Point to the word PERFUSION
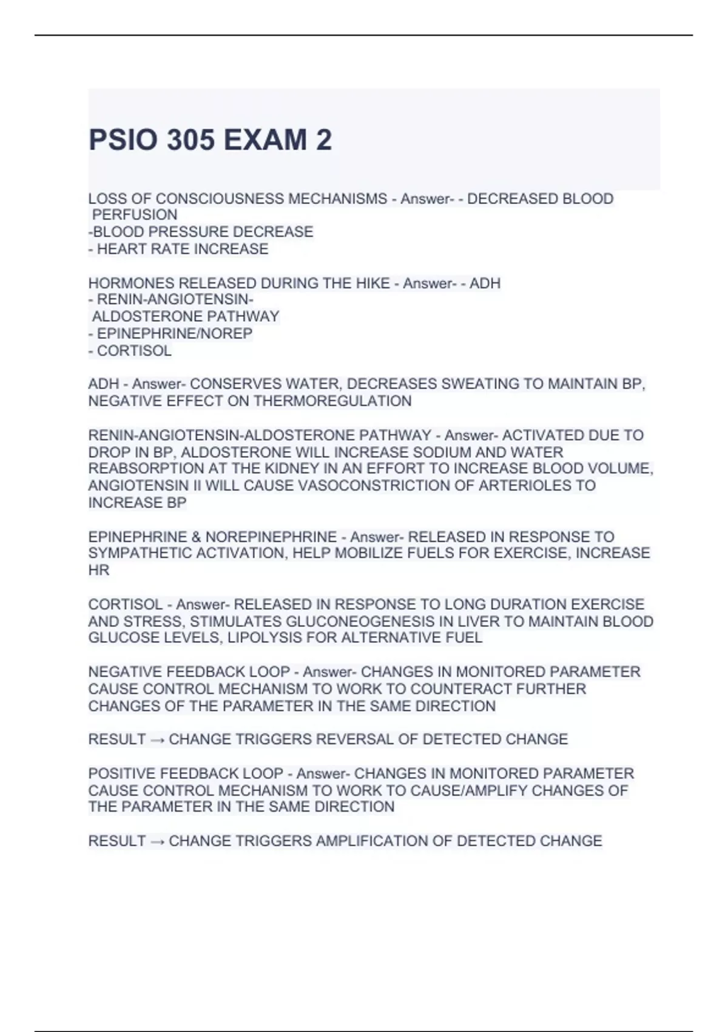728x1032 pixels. click(135, 215)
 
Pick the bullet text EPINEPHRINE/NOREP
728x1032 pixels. click(175, 333)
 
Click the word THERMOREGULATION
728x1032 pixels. click(332, 401)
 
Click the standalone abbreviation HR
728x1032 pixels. click(99, 570)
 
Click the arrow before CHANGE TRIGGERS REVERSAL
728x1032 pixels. click(157, 739)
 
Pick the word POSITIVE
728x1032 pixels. click(117, 773)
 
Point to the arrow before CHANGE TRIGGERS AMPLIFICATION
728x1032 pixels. click(157, 841)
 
